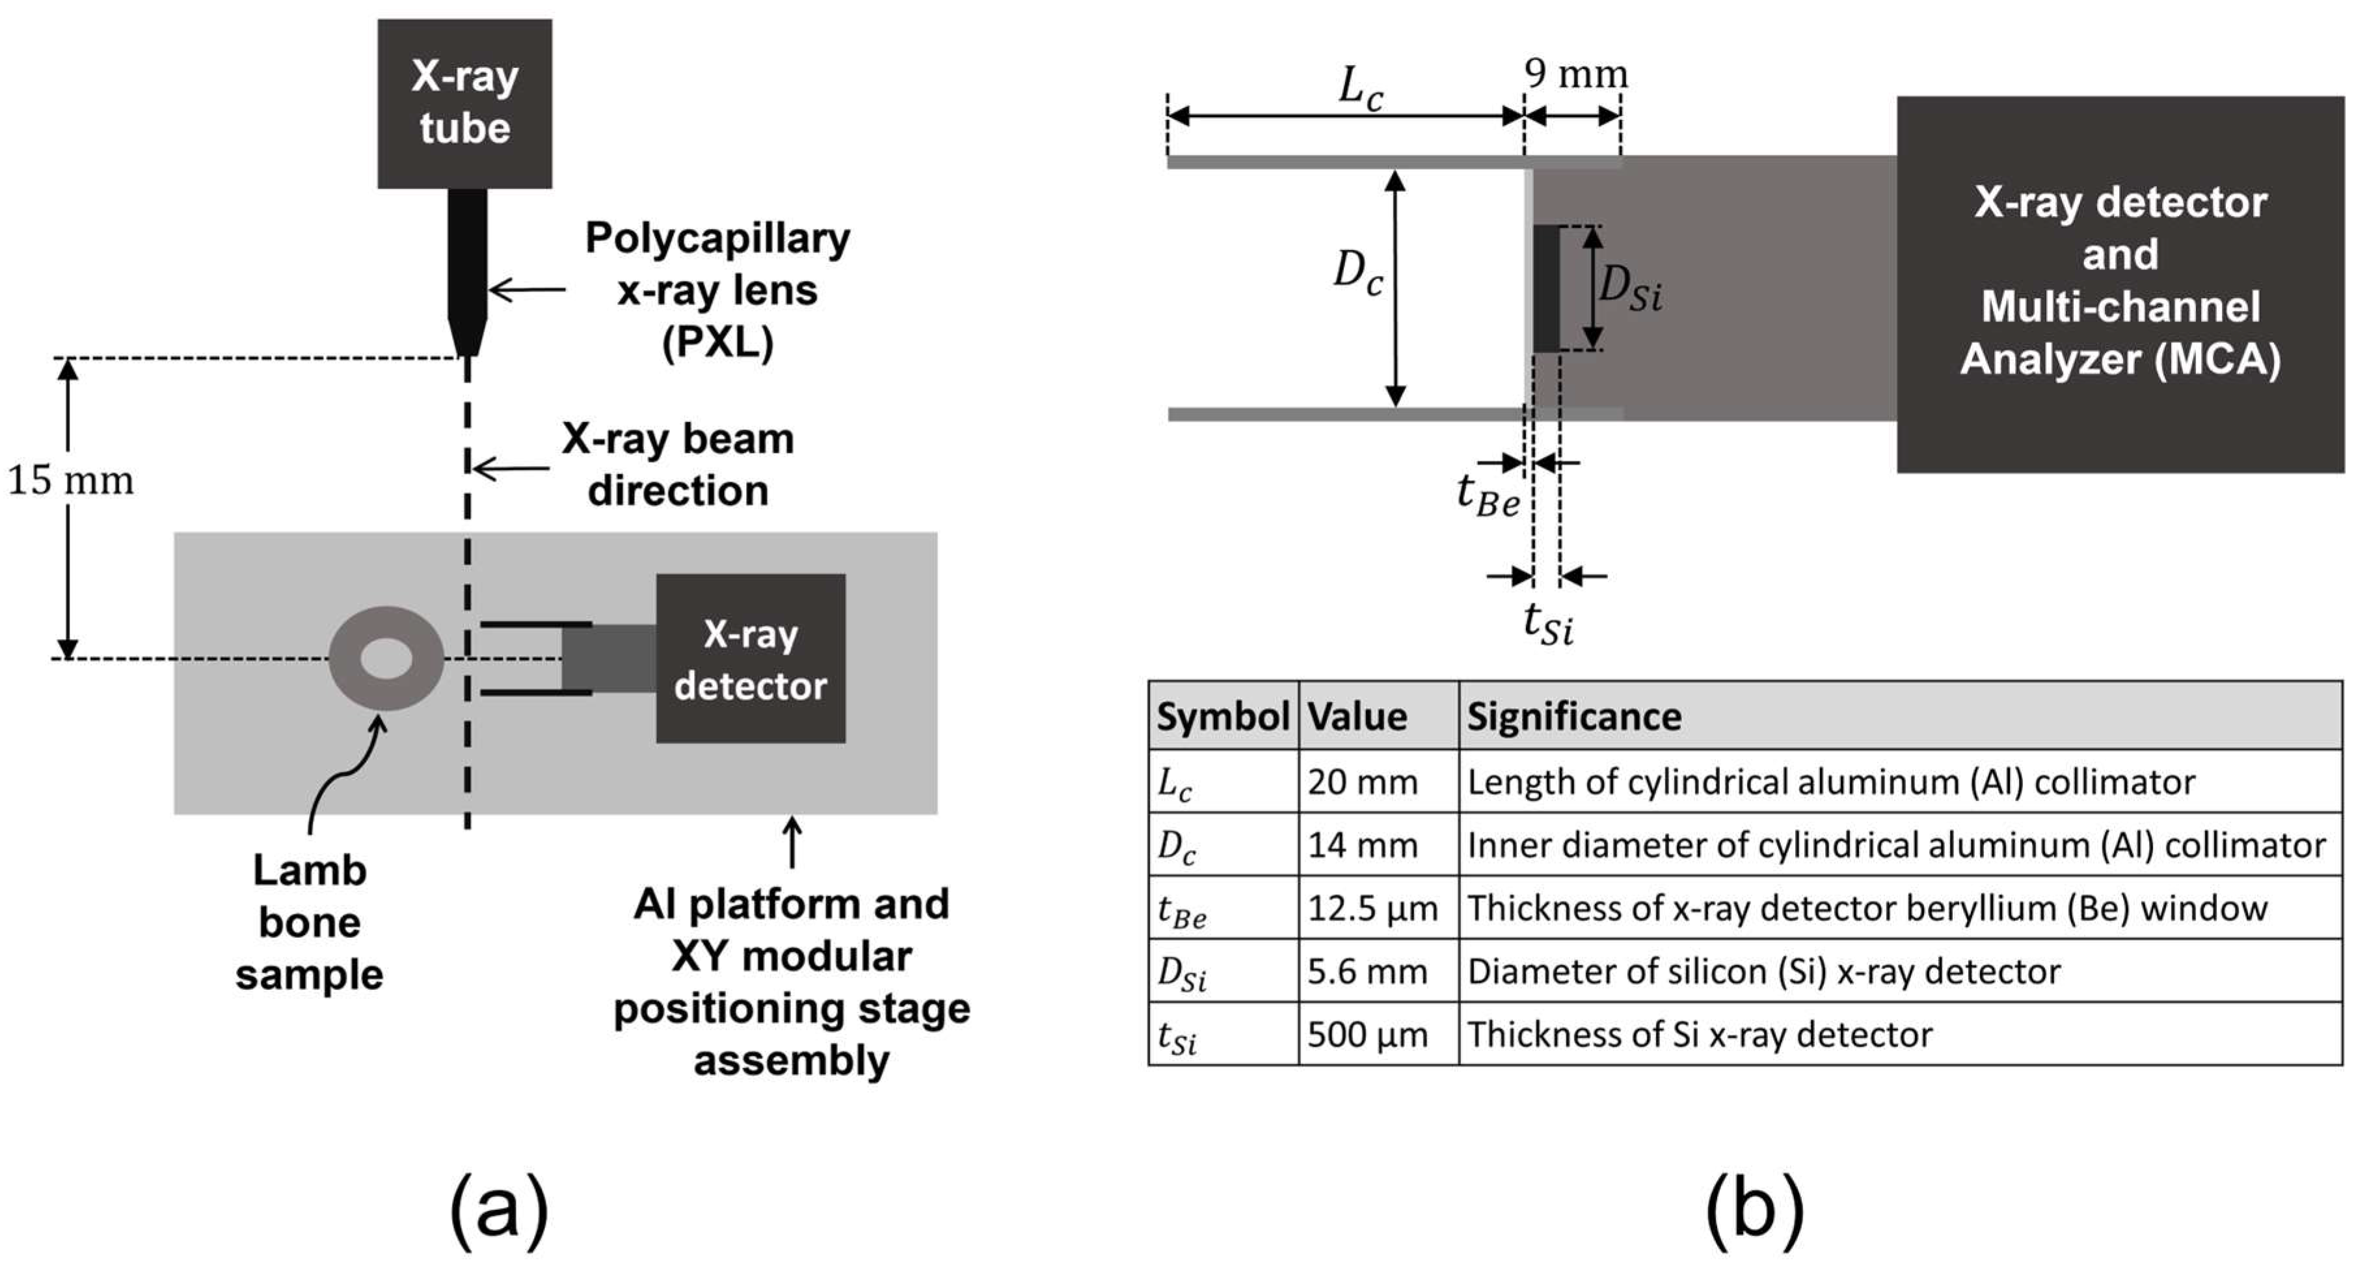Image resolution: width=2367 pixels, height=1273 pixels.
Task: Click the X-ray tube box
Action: pos(464,103)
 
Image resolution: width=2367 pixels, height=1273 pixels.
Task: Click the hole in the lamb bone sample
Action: pos(386,658)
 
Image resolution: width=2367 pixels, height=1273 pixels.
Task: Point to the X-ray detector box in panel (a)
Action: pos(750,658)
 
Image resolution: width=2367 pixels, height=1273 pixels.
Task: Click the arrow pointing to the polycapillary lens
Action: pos(526,290)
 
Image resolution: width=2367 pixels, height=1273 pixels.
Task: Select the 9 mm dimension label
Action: pos(1575,74)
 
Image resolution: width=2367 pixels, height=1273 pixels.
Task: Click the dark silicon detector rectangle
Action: pos(1546,288)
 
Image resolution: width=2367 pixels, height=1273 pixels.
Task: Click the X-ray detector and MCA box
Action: pos(2120,283)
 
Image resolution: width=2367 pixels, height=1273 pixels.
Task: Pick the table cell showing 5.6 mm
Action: pos(1367,972)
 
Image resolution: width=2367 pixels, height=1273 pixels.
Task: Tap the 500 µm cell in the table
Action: pos(1367,1035)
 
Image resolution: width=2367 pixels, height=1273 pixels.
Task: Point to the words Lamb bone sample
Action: pos(310,922)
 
